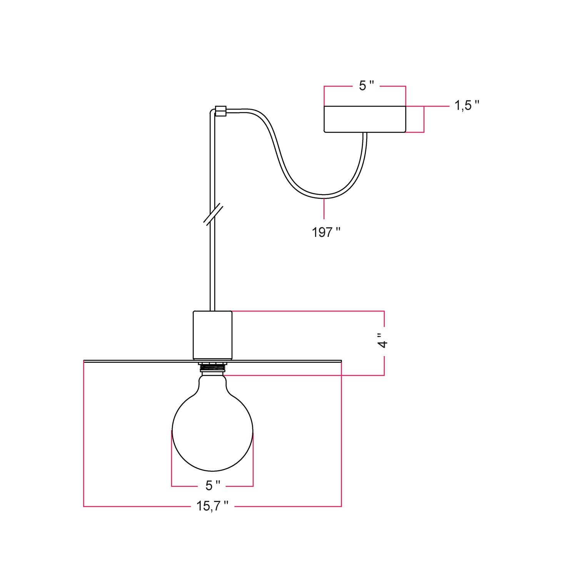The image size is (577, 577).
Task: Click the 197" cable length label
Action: (x=326, y=232)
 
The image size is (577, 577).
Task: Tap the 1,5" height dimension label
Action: (x=467, y=105)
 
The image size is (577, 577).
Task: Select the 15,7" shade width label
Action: (x=212, y=506)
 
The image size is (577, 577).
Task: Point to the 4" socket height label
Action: (x=382, y=340)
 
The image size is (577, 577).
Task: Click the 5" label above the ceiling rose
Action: (x=366, y=86)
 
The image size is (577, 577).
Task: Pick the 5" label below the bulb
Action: (x=212, y=486)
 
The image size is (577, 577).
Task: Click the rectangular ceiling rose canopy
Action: (x=365, y=119)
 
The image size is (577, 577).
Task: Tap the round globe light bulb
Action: (x=212, y=431)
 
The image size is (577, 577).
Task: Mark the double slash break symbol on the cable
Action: (x=213, y=214)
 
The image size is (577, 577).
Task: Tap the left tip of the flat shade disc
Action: (x=85, y=361)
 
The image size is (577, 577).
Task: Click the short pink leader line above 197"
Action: (x=324, y=209)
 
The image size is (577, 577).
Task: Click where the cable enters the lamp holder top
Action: (x=212, y=310)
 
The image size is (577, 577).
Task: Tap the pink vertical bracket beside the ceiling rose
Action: (x=424, y=119)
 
